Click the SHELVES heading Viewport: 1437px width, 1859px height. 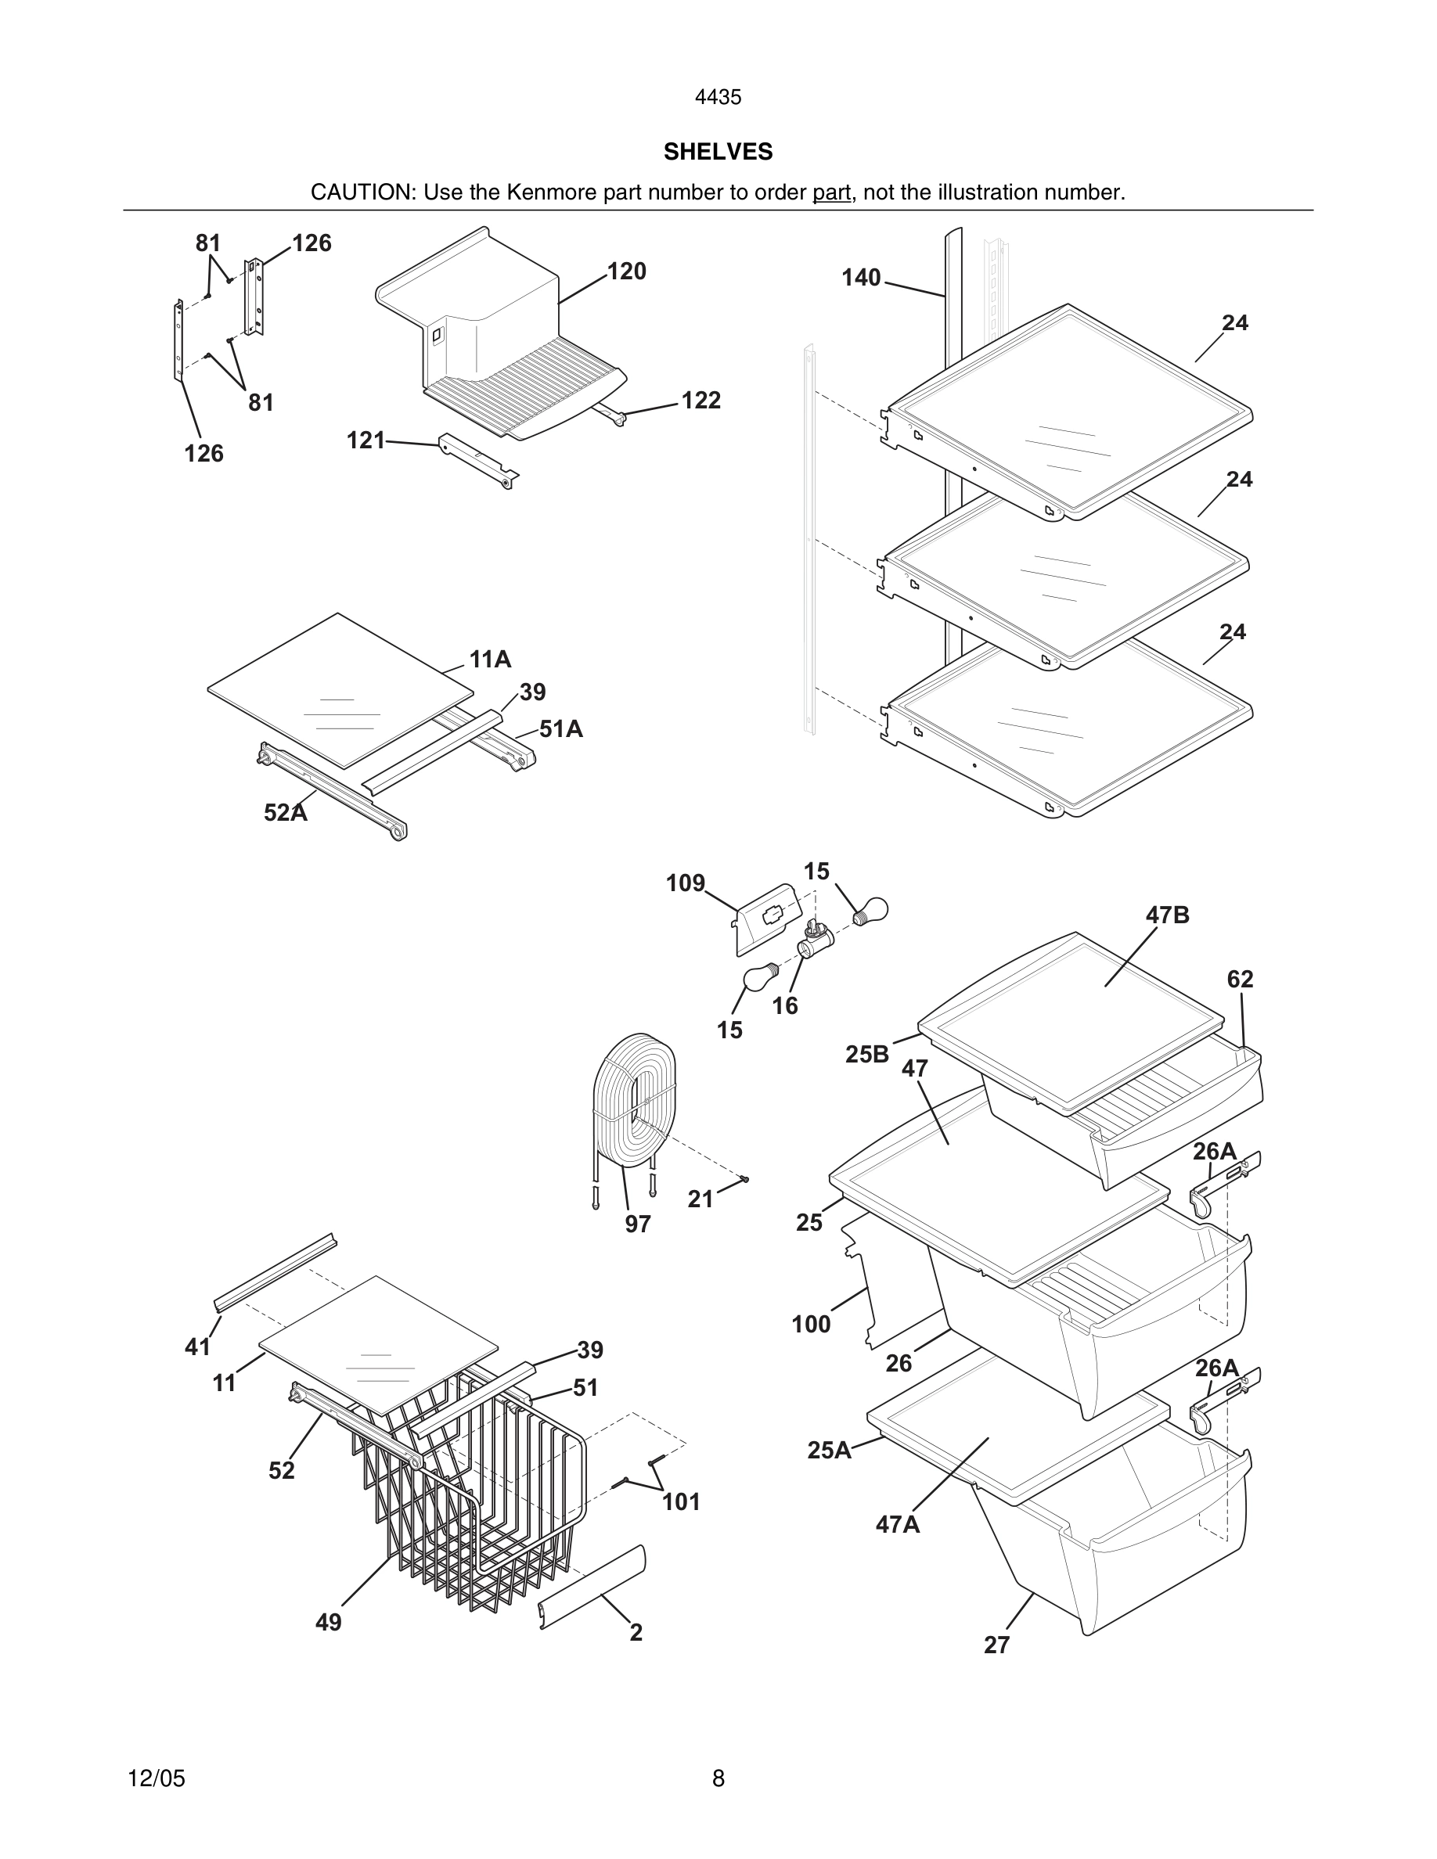point(718,152)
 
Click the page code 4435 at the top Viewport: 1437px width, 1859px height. point(718,97)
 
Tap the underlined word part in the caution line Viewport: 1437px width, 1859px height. point(831,192)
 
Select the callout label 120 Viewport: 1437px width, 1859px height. point(627,271)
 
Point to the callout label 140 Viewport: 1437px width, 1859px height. point(861,278)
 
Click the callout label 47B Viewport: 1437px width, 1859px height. point(1167,915)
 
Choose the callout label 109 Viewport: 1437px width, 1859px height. point(686,883)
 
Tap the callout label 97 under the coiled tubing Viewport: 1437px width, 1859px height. point(638,1224)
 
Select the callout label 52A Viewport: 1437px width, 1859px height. point(285,813)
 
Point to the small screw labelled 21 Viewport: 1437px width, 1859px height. point(745,1179)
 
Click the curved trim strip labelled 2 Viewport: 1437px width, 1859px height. point(593,1587)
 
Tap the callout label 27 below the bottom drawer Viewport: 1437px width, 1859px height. point(997,1645)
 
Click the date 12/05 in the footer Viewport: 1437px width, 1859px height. point(156,1778)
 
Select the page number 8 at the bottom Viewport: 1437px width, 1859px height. point(718,1778)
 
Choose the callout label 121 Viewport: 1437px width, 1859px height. point(366,440)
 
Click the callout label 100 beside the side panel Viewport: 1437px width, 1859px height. point(810,1325)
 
